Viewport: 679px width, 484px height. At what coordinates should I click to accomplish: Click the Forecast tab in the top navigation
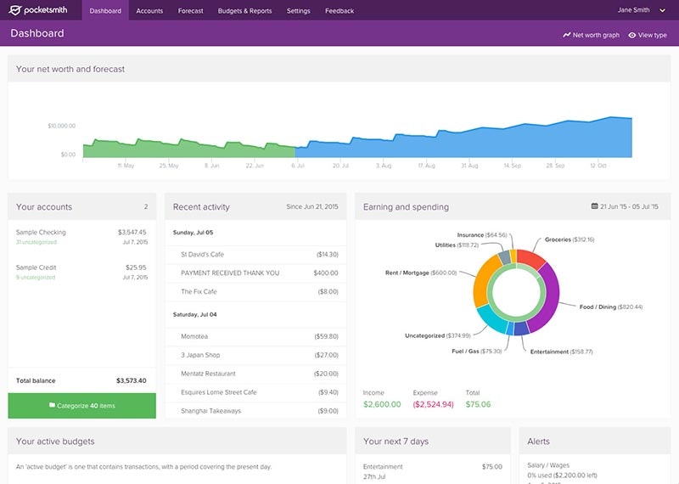pyautogui.click(x=191, y=11)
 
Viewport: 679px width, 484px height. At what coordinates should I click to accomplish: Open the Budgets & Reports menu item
pyautogui.click(x=245, y=11)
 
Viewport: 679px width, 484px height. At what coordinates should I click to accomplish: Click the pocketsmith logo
pyautogui.click(x=42, y=11)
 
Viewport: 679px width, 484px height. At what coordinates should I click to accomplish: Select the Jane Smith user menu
pyautogui.click(x=636, y=11)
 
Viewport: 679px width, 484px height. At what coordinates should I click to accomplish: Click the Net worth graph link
pyautogui.click(x=591, y=35)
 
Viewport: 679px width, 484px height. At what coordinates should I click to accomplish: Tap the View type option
pyautogui.click(x=648, y=35)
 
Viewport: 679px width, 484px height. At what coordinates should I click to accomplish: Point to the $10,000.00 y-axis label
pyautogui.click(x=61, y=126)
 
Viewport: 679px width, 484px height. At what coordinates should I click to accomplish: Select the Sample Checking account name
pyautogui.click(x=41, y=232)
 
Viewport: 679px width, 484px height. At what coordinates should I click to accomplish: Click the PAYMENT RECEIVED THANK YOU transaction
pyautogui.click(x=230, y=273)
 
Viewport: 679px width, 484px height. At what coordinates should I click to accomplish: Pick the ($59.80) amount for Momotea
pyautogui.click(x=326, y=336)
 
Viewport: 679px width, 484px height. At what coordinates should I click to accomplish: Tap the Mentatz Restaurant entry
pyautogui.click(x=209, y=374)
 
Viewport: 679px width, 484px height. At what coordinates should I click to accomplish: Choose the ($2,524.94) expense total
pyautogui.click(x=433, y=404)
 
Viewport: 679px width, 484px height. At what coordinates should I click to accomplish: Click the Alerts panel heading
pyautogui.click(x=539, y=442)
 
